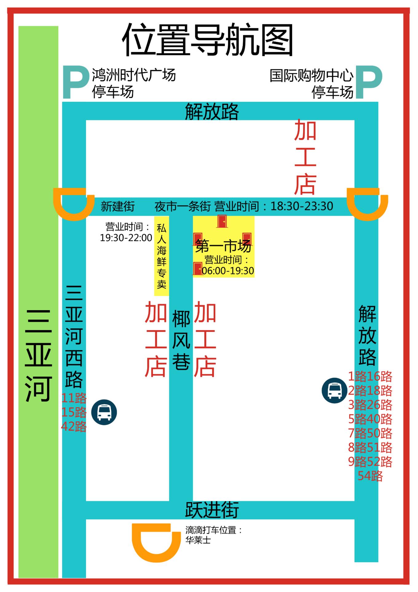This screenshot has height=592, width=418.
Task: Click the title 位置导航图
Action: (x=207, y=40)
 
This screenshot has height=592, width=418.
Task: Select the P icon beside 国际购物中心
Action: (x=369, y=82)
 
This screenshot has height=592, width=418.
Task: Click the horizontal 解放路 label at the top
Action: (x=212, y=111)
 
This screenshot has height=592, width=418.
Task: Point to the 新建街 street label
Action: (x=118, y=206)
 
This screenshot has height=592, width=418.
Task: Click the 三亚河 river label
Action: (x=38, y=355)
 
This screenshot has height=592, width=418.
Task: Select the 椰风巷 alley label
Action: (x=181, y=340)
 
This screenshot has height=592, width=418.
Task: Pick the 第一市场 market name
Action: (x=223, y=246)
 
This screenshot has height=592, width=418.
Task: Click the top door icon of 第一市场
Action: (x=222, y=221)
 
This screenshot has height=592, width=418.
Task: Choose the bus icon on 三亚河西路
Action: (x=104, y=412)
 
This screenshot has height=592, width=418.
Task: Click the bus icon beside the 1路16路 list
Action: (x=334, y=390)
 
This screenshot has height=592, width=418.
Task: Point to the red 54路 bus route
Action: (x=370, y=476)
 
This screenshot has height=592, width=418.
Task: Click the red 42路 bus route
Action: (x=74, y=427)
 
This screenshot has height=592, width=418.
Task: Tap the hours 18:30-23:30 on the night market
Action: (x=302, y=206)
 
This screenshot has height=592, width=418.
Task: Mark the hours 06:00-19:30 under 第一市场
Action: (x=228, y=271)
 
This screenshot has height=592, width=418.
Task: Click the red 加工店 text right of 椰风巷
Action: (x=205, y=339)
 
